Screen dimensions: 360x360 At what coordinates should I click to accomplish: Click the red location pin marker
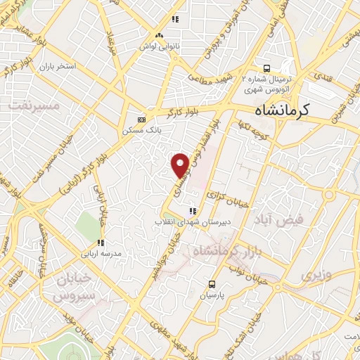181,164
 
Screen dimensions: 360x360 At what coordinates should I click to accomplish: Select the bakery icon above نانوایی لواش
159,34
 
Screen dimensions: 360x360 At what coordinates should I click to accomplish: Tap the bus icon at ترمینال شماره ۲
266,68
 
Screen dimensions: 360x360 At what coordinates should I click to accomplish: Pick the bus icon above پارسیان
212,284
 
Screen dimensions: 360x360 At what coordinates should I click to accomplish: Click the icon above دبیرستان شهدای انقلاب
192,210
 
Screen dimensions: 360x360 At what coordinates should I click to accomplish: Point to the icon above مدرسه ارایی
101,243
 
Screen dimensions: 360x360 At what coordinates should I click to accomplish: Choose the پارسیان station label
212,296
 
